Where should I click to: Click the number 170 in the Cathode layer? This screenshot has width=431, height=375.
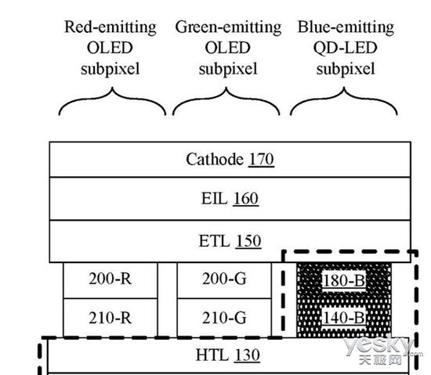(x=261, y=159)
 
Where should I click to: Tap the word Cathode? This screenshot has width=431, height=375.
(x=215, y=159)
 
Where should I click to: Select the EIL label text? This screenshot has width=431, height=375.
(x=215, y=198)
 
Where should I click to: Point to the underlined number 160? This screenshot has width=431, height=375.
(x=246, y=199)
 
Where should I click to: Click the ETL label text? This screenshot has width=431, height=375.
(x=214, y=241)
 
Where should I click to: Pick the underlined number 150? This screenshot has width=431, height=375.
(x=248, y=241)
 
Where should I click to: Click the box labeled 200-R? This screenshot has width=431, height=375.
(x=110, y=280)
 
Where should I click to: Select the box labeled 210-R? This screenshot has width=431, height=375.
(x=110, y=317)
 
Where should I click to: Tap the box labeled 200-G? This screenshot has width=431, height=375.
(x=224, y=280)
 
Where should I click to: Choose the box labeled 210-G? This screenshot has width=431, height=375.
(x=224, y=317)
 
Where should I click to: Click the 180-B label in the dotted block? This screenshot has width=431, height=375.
(x=344, y=280)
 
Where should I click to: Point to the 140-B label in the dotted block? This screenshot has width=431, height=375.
(x=344, y=318)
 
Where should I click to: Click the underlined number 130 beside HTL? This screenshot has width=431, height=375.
(x=247, y=355)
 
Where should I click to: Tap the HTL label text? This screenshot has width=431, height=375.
(x=212, y=355)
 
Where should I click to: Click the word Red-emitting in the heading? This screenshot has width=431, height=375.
(x=110, y=27)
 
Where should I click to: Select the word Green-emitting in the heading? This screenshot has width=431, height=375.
(x=228, y=27)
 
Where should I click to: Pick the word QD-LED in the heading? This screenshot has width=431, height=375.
(x=346, y=48)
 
